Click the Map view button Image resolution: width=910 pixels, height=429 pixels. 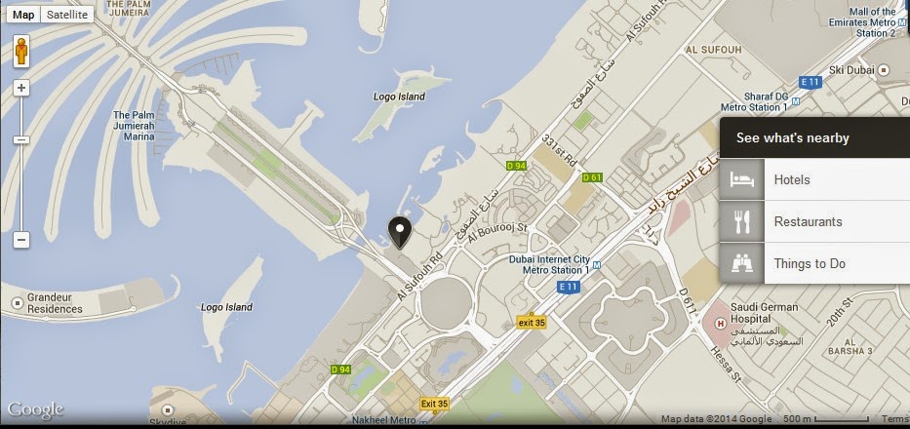click(23, 15)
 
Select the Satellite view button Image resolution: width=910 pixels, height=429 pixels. click(67, 15)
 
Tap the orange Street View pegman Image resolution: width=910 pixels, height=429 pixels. click(21, 52)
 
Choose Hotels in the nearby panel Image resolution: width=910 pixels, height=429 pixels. click(792, 180)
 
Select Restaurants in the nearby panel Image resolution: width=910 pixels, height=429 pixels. click(808, 222)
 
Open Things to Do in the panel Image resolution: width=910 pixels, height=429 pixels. click(809, 263)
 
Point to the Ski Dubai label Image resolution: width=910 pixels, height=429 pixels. click(850, 70)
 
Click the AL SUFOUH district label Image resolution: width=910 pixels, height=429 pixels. click(715, 49)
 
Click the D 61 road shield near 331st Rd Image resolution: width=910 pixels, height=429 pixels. click(592, 178)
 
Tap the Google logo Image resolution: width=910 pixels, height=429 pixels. click(35, 409)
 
